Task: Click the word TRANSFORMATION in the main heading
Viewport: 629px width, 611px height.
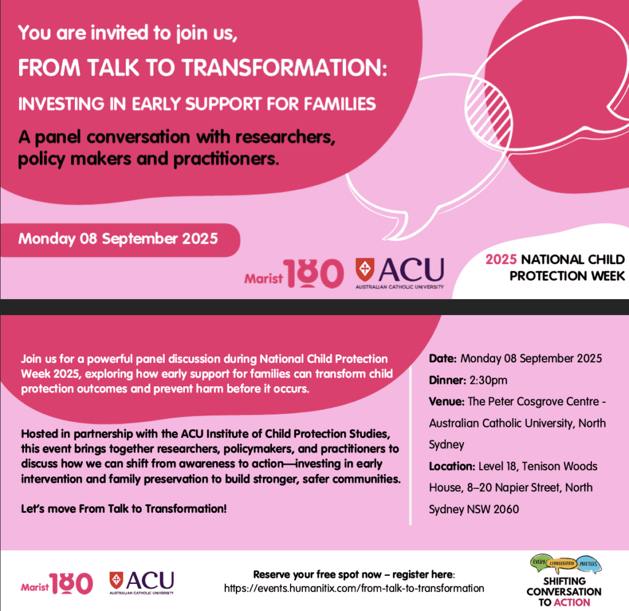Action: pyautogui.click(x=285, y=68)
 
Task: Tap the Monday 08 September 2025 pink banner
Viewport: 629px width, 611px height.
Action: pyautogui.click(x=120, y=239)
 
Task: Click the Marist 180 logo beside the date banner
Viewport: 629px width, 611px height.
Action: pyautogui.click(x=294, y=273)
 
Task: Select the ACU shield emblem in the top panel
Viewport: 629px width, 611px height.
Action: pyautogui.click(x=365, y=269)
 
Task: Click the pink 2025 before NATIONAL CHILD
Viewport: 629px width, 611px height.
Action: pyautogui.click(x=501, y=259)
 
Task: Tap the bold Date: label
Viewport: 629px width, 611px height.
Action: pyautogui.click(x=443, y=359)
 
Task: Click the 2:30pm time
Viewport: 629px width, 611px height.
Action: pyautogui.click(x=488, y=380)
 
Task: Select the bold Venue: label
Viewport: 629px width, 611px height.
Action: pyautogui.click(x=447, y=402)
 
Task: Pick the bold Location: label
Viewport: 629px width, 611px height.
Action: pyautogui.click(x=452, y=466)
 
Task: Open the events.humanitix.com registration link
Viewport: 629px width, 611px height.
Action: pyautogui.click(x=354, y=588)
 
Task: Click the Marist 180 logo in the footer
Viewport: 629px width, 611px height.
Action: pyautogui.click(x=57, y=583)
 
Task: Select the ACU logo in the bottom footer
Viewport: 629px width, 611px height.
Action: pyautogui.click(x=142, y=583)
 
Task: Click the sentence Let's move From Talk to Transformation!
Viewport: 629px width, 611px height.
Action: pyautogui.click(x=123, y=509)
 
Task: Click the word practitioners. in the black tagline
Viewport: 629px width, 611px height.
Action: pyautogui.click(x=226, y=159)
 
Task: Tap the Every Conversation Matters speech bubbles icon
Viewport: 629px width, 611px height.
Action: pyautogui.click(x=566, y=564)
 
